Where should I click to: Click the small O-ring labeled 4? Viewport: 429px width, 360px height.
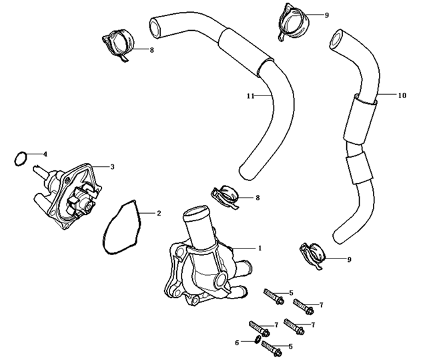(21, 159)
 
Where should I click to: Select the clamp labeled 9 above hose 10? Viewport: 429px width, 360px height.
(292, 20)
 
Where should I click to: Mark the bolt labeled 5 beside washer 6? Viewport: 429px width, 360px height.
(271, 346)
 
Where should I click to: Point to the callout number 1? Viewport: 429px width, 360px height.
(260, 247)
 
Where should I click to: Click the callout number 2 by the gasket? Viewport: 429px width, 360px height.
(159, 214)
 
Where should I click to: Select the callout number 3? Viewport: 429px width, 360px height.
(112, 166)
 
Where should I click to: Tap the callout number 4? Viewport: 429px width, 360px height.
(45, 154)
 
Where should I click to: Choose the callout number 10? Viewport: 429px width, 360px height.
(402, 96)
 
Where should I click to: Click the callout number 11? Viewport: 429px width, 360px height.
(250, 96)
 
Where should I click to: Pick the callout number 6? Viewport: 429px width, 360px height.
(236, 342)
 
